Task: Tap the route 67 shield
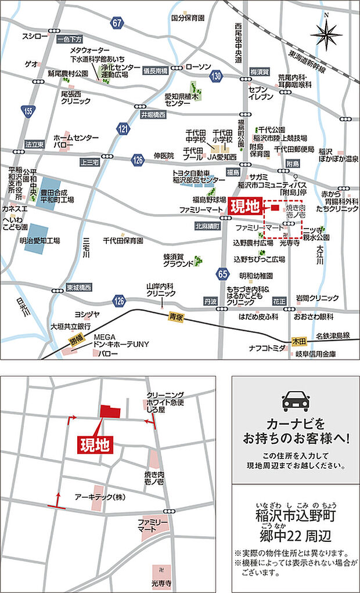click(x=118, y=23)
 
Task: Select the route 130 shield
click(x=217, y=77)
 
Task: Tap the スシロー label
click(x=34, y=36)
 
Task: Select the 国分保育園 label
click(x=188, y=18)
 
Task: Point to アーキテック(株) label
click(x=100, y=497)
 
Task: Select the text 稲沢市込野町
click(x=296, y=514)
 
